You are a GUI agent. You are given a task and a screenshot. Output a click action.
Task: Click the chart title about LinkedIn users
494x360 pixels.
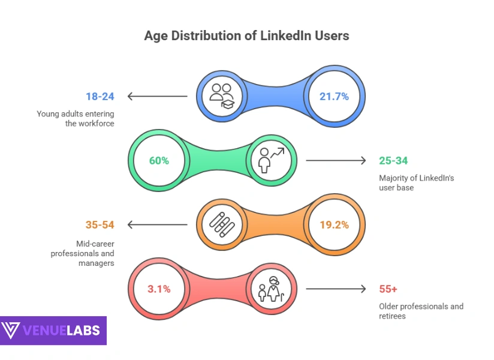246,35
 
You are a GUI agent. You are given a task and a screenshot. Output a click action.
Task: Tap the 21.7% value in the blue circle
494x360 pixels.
334,96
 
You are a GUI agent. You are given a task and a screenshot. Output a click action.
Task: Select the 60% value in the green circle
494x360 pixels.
159,161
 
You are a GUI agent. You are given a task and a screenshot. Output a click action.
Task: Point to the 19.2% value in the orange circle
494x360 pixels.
334,225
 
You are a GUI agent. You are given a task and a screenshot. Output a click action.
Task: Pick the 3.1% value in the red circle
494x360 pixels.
159,289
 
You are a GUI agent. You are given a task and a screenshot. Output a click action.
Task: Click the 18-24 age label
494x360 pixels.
99,96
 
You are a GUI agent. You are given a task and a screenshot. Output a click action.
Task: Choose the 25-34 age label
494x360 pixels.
394,160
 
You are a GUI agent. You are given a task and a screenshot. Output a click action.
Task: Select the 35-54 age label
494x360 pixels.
99,225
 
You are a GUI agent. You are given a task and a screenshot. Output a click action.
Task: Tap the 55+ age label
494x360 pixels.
388,289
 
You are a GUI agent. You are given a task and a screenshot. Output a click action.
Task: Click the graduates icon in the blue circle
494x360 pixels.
221,96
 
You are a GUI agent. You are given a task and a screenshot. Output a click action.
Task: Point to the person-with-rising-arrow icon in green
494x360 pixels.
271,160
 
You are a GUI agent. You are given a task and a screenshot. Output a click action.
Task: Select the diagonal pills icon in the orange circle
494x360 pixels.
221,225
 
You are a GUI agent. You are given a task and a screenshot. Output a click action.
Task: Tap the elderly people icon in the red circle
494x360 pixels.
271,289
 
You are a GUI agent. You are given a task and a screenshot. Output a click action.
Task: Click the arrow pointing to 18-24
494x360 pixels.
157,96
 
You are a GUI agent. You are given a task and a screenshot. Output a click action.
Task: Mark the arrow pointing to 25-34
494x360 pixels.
336,160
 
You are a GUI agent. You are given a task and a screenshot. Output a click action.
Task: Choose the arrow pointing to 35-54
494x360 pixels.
157,225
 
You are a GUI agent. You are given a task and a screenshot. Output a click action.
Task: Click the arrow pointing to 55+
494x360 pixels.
336,289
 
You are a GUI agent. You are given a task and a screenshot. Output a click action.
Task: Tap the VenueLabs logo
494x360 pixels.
53,331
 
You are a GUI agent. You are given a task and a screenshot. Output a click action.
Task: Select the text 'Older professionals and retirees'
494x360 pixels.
421,311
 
